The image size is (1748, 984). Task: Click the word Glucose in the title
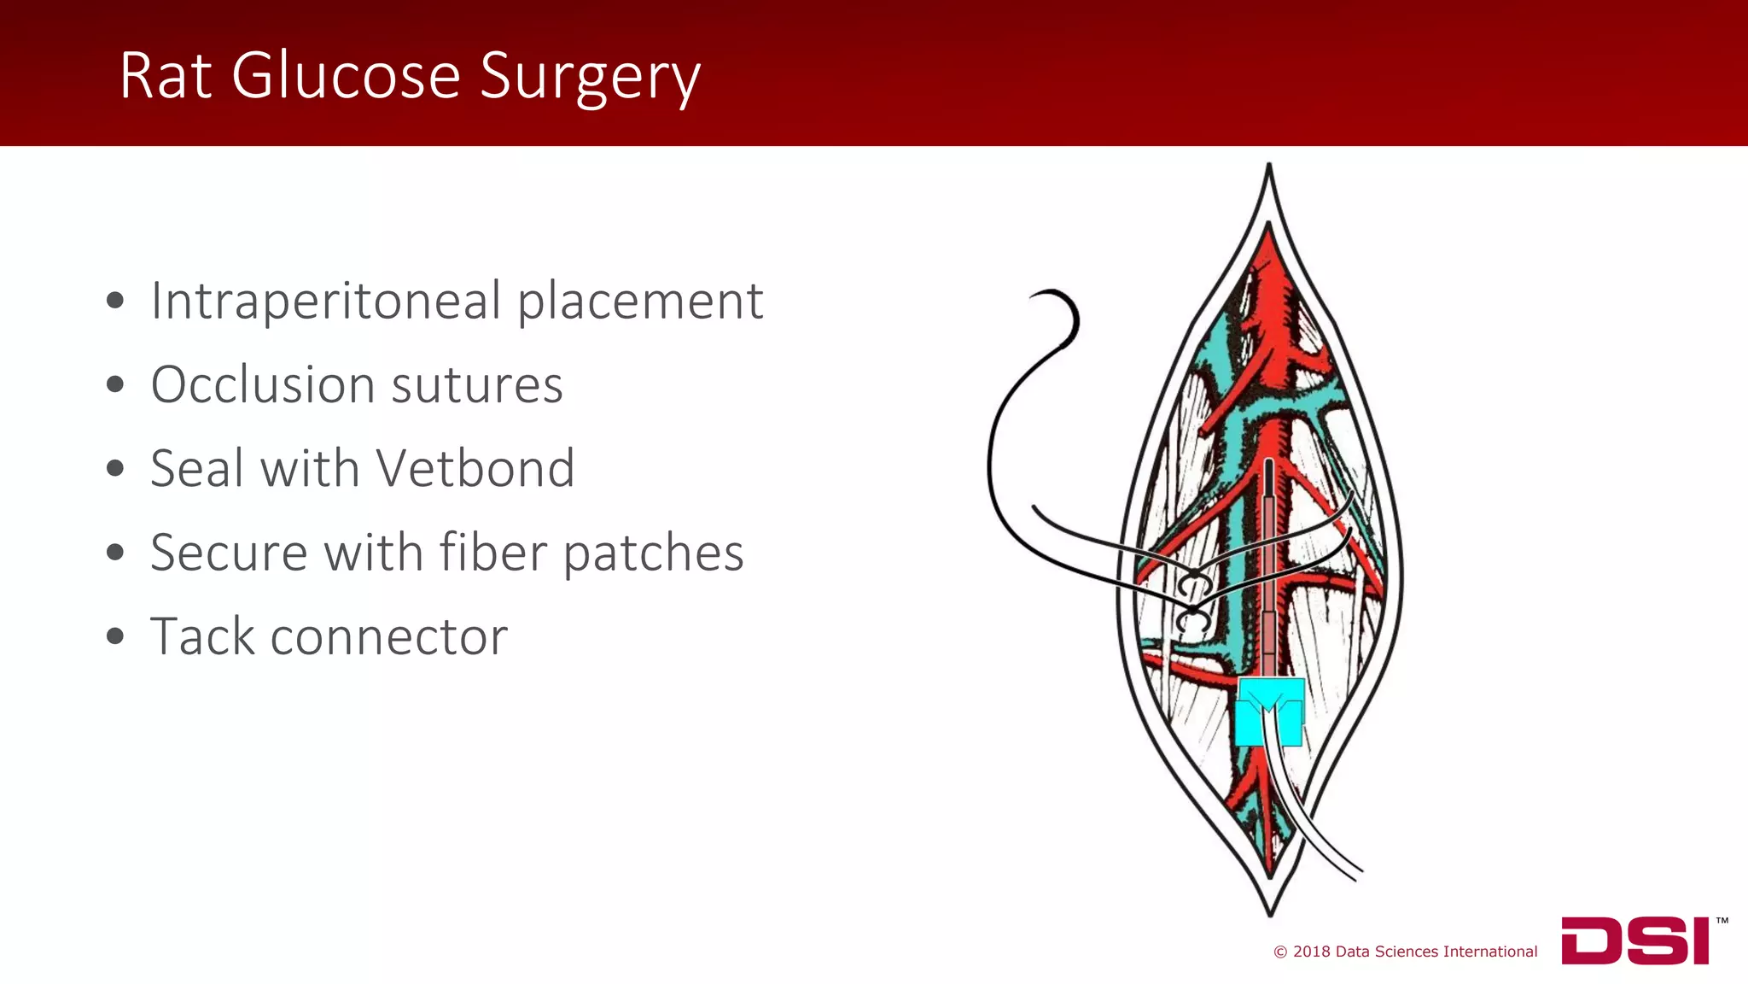[x=346, y=77]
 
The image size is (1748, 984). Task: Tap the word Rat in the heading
[x=166, y=77]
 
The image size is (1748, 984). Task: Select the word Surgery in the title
[x=590, y=79]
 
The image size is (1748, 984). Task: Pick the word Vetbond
[x=475, y=469]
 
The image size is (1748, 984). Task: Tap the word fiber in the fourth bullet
[x=492, y=553]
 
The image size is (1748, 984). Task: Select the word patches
[x=654, y=554]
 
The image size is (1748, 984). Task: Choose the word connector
[x=389, y=637]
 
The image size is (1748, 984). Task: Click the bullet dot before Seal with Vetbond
[x=115, y=469]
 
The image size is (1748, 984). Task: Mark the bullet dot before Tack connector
[x=115, y=637]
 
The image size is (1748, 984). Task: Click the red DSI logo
[x=1635, y=940]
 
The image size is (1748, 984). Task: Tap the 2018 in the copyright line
[x=1312, y=952]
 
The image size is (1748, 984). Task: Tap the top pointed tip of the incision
[x=1269, y=166]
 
